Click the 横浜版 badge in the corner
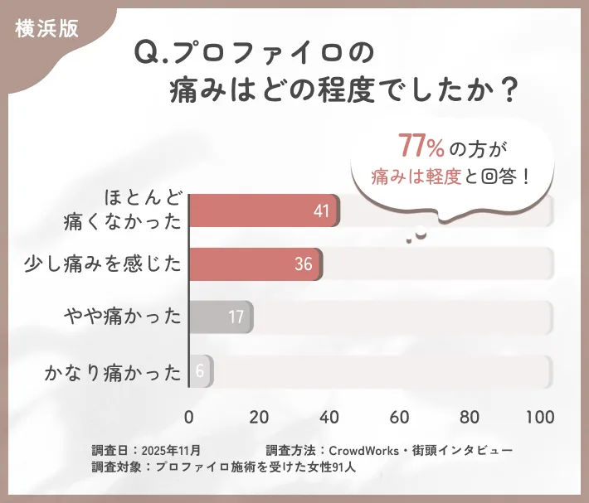[x=46, y=28]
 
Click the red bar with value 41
[x=264, y=211]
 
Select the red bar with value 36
[x=255, y=264]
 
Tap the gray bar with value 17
[x=220, y=317]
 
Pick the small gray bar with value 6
[x=201, y=371]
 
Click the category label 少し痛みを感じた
[x=103, y=264]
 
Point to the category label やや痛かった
[x=124, y=317]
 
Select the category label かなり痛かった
[x=113, y=371]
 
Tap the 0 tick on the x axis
[x=189, y=416]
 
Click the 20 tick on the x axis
[x=259, y=416]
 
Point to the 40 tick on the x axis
[x=329, y=416]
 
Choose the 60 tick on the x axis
[x=400, y=416]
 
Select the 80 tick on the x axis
[x=470, y=416]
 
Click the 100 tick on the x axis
[x=539, y=416]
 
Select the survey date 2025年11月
[x=172, y=450]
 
